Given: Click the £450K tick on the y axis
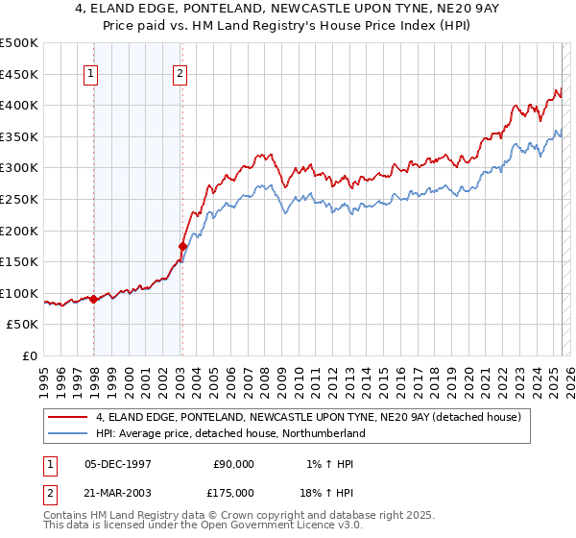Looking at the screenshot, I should pyautogui.click(x=19, y=74).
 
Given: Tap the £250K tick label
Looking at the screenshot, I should pyautogui.click(x=19, y=199).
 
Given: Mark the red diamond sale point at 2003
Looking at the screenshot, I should pyautogui.click(x=182, y=247).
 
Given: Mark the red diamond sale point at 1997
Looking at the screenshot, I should pyautogui.click(x=93, y=299).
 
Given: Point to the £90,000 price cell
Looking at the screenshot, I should pyautogui.click(x=233, y=464).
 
